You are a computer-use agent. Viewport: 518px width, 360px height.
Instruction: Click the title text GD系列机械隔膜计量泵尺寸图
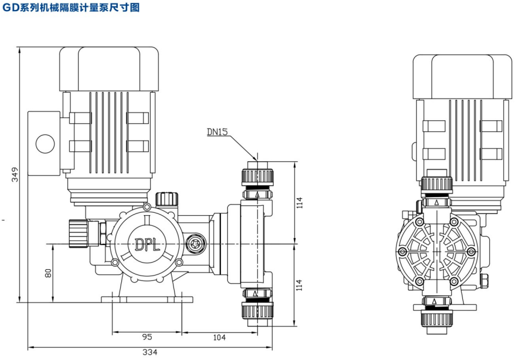tap(70, 8)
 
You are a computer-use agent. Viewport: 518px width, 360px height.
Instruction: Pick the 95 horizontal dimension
tap(146, 337)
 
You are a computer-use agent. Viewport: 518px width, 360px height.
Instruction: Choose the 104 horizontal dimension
tap(219, 337)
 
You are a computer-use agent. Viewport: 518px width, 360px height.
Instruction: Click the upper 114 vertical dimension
tap(300, 202)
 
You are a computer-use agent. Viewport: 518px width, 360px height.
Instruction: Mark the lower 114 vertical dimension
tap(300, 285)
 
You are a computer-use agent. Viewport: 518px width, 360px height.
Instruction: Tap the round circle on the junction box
tap(44, 142)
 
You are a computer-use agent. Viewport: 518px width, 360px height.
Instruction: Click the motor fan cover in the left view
tap(109, 69)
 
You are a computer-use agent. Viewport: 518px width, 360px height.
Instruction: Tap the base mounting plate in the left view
tap(146, 299)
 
